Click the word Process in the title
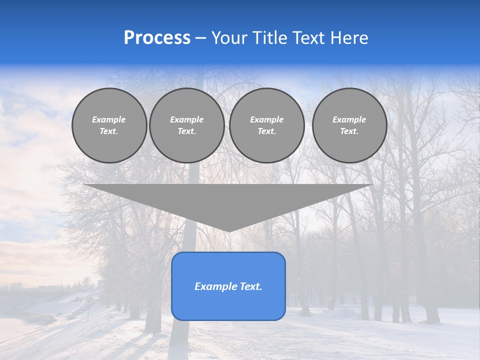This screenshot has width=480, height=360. [x=157, y=38]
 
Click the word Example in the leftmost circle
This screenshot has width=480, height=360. [x=109, y=119]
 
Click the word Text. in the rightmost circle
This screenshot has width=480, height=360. [x=349, y=131]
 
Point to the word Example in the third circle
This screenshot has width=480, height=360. [x=266, y=119]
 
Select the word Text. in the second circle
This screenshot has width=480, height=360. [x=186, y=131]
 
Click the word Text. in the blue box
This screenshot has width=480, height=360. [x=250, y=286]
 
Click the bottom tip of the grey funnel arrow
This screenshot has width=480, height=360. [x=229, y=230]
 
